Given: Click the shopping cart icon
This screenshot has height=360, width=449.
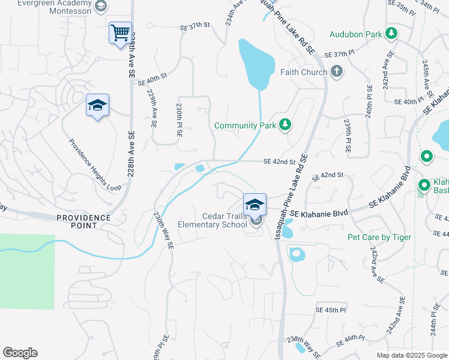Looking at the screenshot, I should click(x=120, y=32).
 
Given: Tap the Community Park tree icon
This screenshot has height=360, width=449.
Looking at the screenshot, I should click(x=286, y=125).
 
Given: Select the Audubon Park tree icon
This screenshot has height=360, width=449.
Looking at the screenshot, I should click(x=391, y=33).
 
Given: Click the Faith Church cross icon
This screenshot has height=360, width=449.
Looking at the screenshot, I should click(x=337, y=72).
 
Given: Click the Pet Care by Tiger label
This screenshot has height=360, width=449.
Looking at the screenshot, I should click(x=379, y=237).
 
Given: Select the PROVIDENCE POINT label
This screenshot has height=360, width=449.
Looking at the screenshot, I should click(x=84, y=221).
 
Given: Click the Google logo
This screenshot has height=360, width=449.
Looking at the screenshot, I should click(x=20, y=353).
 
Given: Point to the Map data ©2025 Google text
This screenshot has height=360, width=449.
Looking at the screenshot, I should click(x=411, y=355).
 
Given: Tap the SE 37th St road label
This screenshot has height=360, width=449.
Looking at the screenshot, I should click(x=196, y=27).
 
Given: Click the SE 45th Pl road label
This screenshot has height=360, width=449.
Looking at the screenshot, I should click(x=331, y=310).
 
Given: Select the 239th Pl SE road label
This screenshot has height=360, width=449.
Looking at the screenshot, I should click(x=347, y=134).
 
